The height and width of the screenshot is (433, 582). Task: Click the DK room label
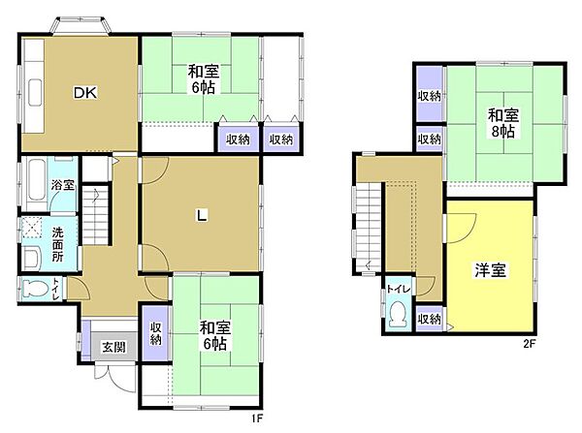pyautogui.click(x=81, y=93)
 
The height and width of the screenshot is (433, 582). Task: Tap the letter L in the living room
pyautogui.click(x=201, y=216)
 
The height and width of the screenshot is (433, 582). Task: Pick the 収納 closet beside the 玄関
pyautogui.click(x=155, y=334)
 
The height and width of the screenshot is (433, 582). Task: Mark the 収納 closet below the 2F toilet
pyautogui.click(x=429, y=318)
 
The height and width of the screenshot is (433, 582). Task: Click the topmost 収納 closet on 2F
pyautogui.click(x=430, y=96)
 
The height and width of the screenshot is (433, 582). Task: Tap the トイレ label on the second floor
pyautogui.click(x=398, y=288)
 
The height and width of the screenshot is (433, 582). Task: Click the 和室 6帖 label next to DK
pyautogui.click(x=202, y=78)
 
